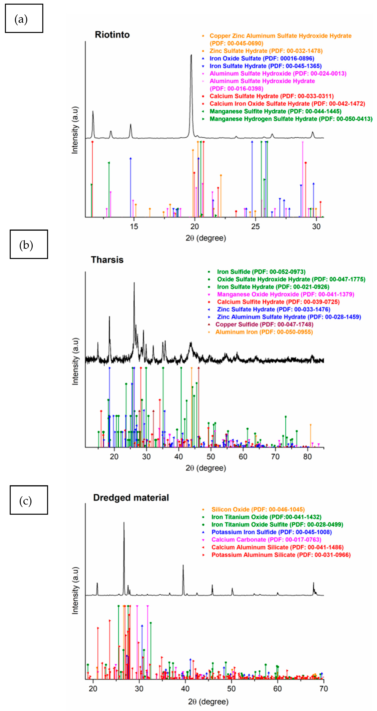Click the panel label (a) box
coord(24,18)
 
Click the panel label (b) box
coord(29,244)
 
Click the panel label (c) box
coord(29,500)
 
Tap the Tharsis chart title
coord(107,260)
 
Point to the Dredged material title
coord(131,498)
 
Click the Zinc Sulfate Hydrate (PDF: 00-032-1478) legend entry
coord(266,51)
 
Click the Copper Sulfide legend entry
coord(264,324)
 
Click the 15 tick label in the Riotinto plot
coord(134,227)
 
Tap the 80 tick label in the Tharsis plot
coord(307,457)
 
